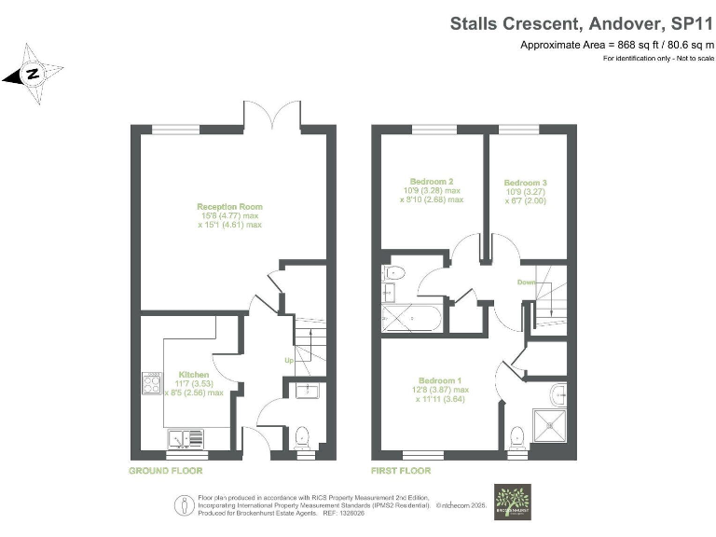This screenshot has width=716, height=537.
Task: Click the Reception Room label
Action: click(x=229, y=206)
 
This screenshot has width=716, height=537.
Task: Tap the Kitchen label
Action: click(x=194, y=375)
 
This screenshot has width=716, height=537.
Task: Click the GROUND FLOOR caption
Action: click(x=165, y=471)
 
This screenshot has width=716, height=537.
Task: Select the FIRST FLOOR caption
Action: click(x=402, y=471)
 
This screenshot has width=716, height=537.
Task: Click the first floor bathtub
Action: click(x=414, y=318)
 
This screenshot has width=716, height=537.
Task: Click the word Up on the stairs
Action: click(x=290, y=361)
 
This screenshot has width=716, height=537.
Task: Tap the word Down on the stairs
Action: click(x=527, y=281)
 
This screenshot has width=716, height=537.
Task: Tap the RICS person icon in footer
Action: click(x=180, y=504)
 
